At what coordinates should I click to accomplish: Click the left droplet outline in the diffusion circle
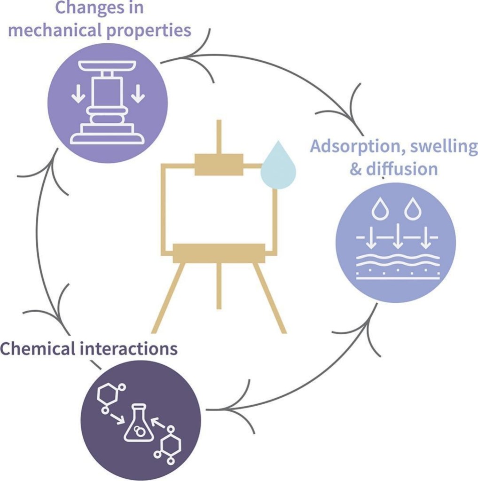tap(379, 209)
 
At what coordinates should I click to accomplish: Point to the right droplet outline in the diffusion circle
tap(412, 209)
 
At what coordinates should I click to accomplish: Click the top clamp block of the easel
tap(219, 165)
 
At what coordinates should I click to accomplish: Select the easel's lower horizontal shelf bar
tap(219, 253)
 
